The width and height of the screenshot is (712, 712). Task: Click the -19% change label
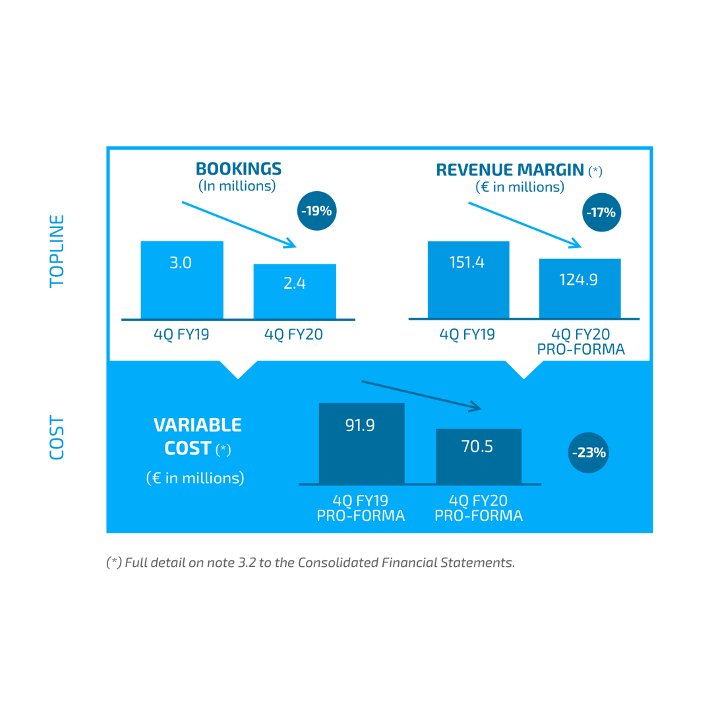[316, 212]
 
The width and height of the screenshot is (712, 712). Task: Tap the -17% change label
[601, 213]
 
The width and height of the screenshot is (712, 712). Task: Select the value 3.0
[181, 263]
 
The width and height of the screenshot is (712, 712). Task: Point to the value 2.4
[295, 283]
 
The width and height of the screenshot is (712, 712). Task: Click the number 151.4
[467, 262]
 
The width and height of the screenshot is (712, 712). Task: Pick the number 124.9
[578, 280]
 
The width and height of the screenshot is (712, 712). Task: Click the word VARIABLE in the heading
[197, 425]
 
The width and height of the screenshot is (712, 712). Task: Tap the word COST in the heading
[188, 449]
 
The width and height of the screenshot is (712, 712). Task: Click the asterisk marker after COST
[223, 450]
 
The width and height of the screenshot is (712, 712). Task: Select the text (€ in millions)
[195, 478]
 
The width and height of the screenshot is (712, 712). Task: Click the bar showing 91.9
[361, 443]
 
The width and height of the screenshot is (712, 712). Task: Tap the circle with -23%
[588, 453]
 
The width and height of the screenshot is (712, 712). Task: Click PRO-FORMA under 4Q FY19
[361, 516]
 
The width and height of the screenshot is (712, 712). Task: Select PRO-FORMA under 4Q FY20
[479, 516]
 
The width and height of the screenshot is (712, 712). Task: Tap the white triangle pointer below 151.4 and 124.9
[523, 363]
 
